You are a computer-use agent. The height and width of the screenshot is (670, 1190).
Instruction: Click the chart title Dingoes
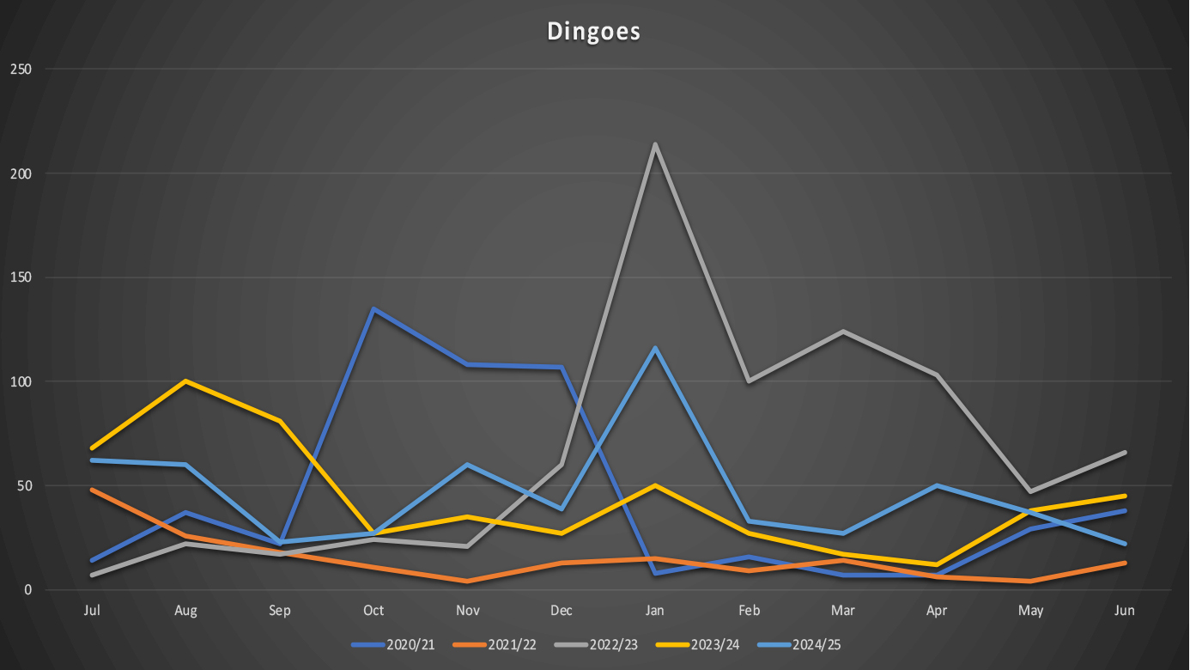coord(594,32)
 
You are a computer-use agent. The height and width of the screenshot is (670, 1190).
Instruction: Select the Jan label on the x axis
coord(655,611)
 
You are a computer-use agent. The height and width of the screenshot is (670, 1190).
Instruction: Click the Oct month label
coord(373,611)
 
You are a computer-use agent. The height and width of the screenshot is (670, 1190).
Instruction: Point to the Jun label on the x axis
coord(1124,611)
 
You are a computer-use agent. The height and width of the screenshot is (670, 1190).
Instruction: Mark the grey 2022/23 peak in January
coord(655,144)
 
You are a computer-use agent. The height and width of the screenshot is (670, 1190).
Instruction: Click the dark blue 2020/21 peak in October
coord(373,309)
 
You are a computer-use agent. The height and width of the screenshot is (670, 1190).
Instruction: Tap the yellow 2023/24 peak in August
coord(185,381)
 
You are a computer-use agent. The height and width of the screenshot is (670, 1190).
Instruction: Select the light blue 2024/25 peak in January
coord(655,348)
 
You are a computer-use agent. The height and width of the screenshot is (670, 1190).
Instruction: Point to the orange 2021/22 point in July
coord(92,490)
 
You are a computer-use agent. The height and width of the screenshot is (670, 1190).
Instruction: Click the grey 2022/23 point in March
coord(843,332)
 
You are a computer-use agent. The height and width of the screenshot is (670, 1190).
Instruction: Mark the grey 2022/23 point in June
coord(1124,452)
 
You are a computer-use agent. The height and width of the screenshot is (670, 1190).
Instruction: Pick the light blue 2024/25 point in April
coord(937,485)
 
